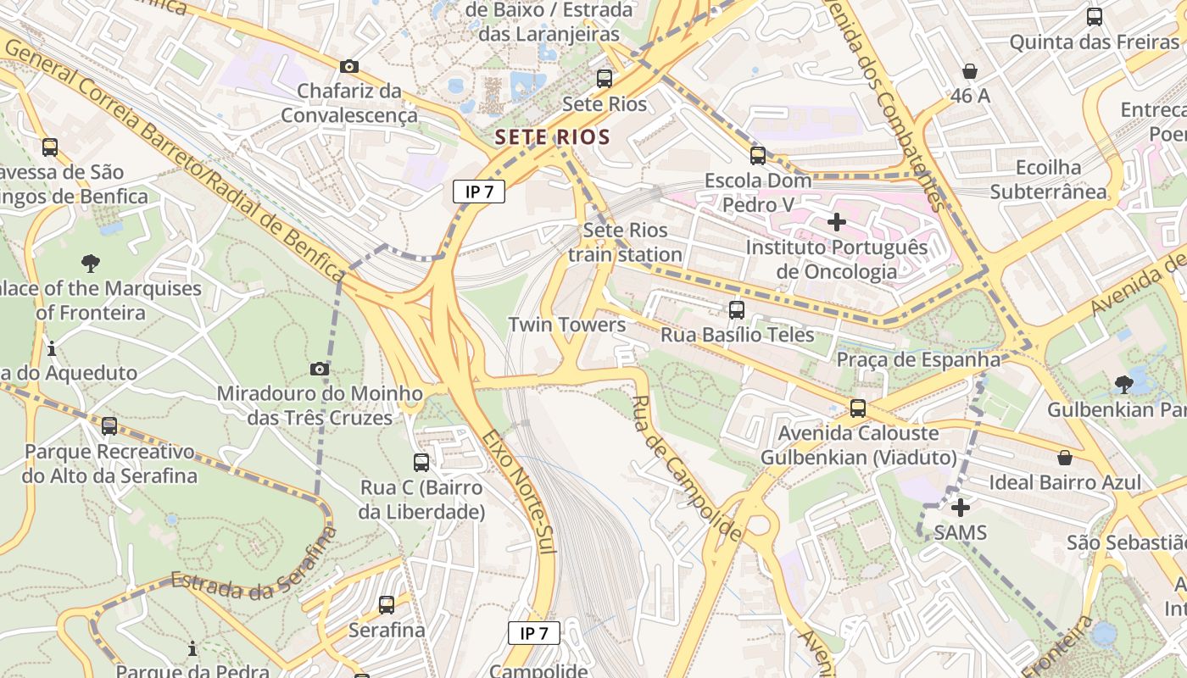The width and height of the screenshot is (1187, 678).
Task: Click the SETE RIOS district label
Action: pos(552,136)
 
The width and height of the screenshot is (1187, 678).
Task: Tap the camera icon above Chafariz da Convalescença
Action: pos(348,66)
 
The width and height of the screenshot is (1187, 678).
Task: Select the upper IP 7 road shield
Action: pos(479,192)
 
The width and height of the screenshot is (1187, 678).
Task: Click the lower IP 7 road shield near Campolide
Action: pos(534,633)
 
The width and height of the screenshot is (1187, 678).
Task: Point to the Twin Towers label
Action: pos(566,325)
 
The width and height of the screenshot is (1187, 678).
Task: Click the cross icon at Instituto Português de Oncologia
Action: pos(837,222)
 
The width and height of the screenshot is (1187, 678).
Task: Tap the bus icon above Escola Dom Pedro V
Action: pos(757,155)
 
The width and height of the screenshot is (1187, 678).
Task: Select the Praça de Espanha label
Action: pos(918,359)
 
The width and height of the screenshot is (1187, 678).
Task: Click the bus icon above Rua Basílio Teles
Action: pos(736,310)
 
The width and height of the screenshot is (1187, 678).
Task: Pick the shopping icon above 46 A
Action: pos(970,71)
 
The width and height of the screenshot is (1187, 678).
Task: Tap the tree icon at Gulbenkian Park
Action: pos(1123,385)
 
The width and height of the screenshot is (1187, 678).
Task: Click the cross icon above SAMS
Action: pos(960,508)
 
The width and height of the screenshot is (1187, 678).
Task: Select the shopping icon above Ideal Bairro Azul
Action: pos(1065,458)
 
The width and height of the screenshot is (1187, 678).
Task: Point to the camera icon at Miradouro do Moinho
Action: pos(320,369)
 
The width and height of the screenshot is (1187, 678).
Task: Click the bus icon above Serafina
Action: pos(387,605)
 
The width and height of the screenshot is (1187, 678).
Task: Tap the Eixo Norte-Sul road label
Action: pos(519,492)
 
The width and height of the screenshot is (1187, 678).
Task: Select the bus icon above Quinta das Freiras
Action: pos(1095,16)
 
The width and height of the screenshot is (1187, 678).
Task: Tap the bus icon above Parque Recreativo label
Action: pos(109,426)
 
